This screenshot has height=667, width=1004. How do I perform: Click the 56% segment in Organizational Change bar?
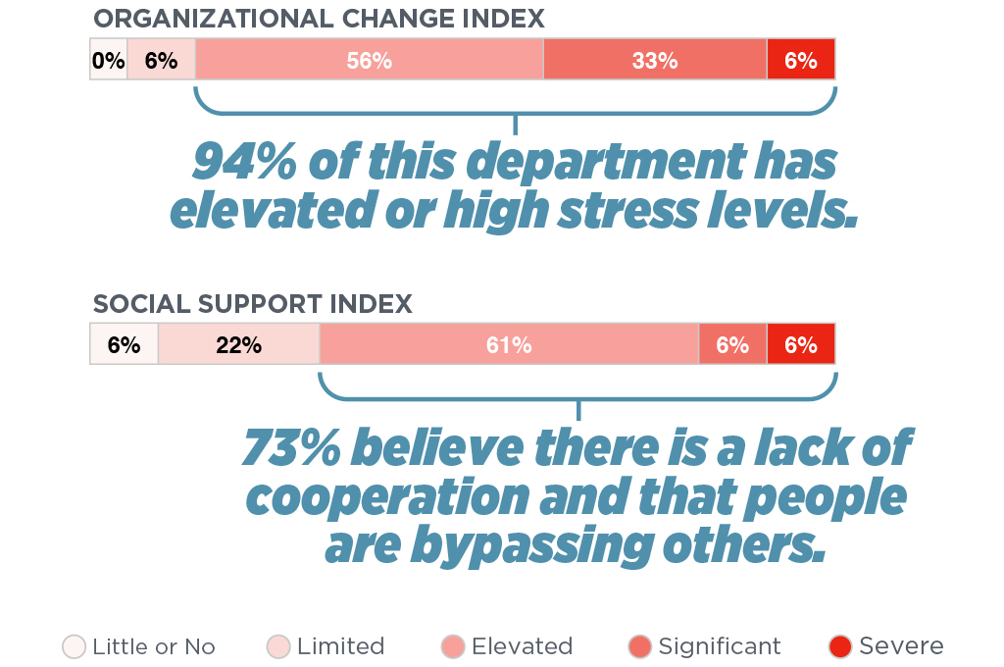pyautogui.click(x=369, y=60)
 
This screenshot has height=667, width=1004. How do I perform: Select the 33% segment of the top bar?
pyautogui.click(x=655, y=60)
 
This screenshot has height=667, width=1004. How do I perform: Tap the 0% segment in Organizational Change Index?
pyautogui.click(x=109, y=60)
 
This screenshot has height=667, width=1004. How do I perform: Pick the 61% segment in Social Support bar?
pyautogui.click(x=509, y=344)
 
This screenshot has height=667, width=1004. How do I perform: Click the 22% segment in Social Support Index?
pyautogui.click(x=238, y=344)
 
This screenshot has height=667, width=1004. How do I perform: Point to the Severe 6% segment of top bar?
pyautogui.click(x=801, y=60)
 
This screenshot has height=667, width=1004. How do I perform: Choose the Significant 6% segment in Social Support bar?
pyautogui.click(x=732, y=344)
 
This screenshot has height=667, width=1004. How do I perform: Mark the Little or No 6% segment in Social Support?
pyautogui.click(x=124, y=344)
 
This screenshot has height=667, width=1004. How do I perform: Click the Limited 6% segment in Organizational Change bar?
pyautogui.click(x=161, y=60)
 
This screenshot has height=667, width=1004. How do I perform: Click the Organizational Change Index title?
pyautogui.click(x=319, y=19)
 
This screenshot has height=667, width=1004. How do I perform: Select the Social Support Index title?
pyautogui.click(x=253, y=304)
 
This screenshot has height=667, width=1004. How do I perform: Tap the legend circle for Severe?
pyautogui.click(x=840, y=646)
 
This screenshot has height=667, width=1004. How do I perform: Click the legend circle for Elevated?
pyautogui.click(x=453, y=646)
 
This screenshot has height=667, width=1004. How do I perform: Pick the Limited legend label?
pyautogui.click(x=340, y=646)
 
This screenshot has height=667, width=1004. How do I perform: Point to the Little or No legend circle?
pyautogui.click(x=75, y=646)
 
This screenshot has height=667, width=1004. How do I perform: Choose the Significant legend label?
pyautogui.click(x=720, y=646)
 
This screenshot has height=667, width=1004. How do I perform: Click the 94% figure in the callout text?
pyautogui.click(x=243, y=163)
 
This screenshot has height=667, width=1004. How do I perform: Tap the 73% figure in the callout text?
pyautogui.click(x=289, y=448)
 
